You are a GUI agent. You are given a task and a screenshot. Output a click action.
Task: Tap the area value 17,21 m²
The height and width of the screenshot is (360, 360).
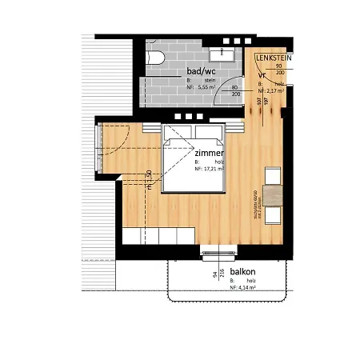point(210,170)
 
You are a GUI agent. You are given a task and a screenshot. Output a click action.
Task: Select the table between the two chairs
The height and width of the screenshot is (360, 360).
point(274,194)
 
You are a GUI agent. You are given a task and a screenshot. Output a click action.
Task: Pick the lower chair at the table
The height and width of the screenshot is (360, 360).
point(273,215)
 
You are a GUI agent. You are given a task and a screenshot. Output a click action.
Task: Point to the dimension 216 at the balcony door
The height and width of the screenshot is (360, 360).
point(214,276)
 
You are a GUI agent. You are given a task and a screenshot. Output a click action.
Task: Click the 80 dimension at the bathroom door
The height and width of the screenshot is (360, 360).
point(236,86)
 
